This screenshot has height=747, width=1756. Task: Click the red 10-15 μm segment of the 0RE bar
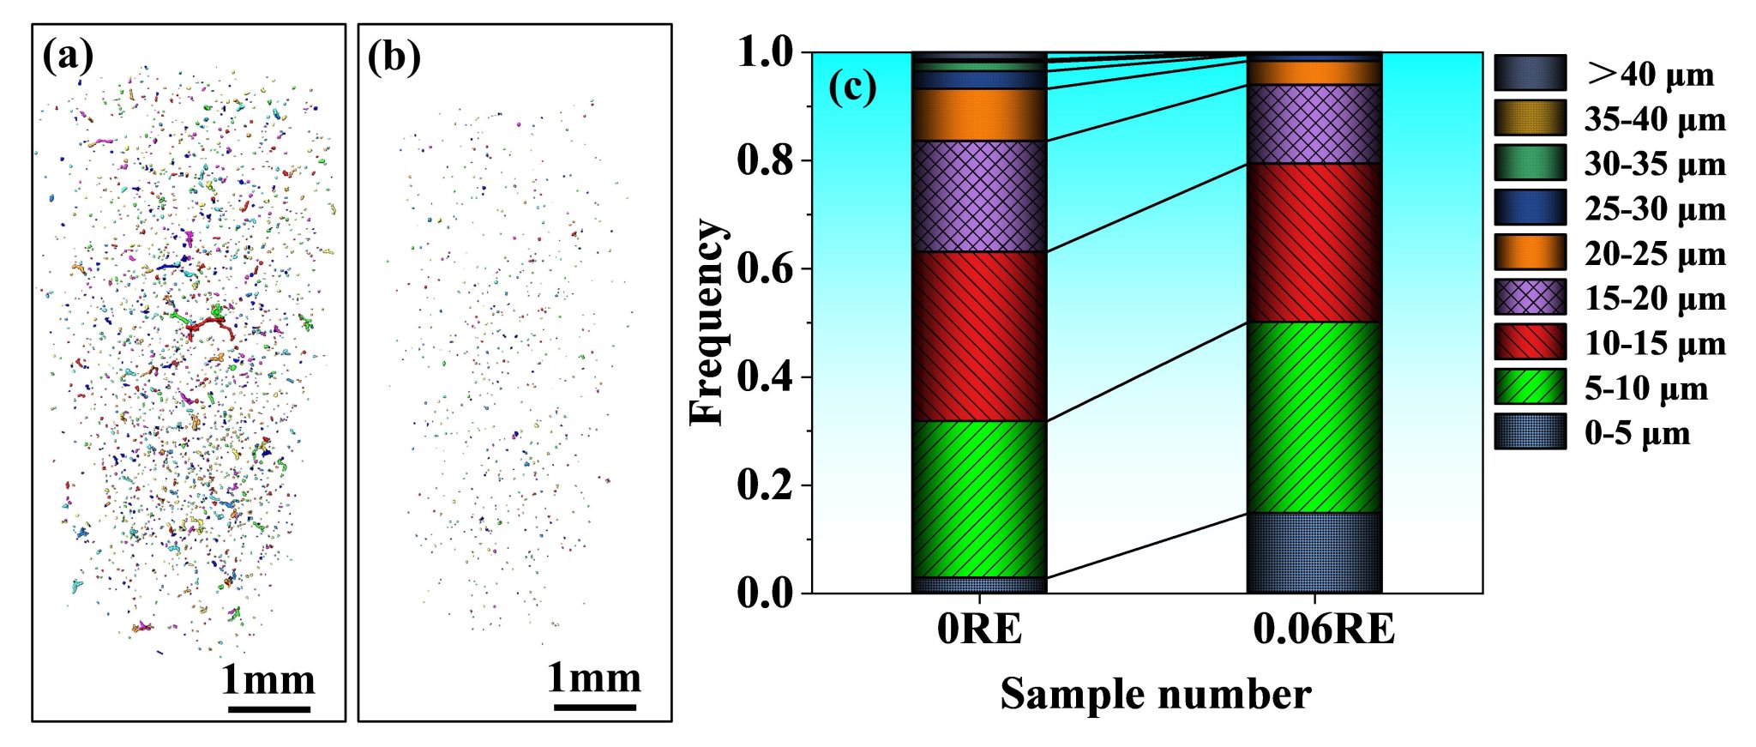coord(979,336)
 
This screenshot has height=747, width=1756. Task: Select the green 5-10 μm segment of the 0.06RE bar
coord(1314,417)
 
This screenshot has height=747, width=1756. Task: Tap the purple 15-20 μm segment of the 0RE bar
coord(979,196)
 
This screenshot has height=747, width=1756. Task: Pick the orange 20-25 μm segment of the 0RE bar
coord(979,115)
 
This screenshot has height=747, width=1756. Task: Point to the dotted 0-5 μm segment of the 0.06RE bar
coord(1314,553)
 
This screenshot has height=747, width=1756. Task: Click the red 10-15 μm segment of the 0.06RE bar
coord(1314,243)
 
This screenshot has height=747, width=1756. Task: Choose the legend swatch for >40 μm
coord(1530,74)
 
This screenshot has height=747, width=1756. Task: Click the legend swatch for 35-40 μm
coord(1530,118)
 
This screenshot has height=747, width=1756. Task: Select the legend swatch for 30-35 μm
coord(1530,163)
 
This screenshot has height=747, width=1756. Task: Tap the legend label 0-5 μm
coord(1637,434)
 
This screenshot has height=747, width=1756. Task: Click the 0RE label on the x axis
coord(979,630)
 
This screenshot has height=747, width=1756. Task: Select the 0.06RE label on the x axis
coord(1323,630)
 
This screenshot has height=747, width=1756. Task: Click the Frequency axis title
coord(708,322)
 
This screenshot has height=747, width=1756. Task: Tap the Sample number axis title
coord(1155,695)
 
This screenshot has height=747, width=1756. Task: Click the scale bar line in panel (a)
coord(269,709)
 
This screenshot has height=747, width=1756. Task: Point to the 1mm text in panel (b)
coord(594,678)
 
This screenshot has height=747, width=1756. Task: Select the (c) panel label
coord(852,87)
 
